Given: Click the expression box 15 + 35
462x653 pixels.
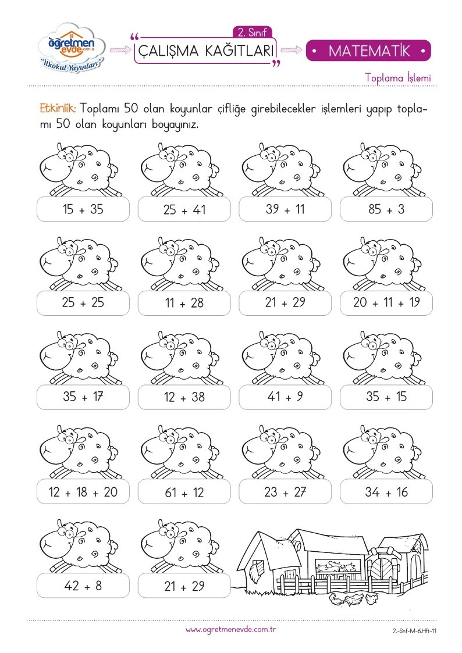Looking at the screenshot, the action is (83, 209).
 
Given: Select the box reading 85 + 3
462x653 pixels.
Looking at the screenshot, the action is (386, 209).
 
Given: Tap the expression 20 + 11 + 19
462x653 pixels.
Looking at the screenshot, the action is (386, 303).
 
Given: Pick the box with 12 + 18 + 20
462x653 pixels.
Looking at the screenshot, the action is (83, 492).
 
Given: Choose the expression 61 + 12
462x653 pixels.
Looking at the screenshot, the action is (184, 492).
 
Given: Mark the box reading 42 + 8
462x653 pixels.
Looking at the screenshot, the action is (83, 586).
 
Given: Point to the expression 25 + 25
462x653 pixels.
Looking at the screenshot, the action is (83, 303).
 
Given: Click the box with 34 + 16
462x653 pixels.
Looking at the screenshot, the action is (386, 492).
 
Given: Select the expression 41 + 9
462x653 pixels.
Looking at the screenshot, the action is (285, 397).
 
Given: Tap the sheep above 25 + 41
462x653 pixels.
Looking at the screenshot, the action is (180, 170).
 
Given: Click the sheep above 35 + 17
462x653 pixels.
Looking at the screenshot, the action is (79, 358).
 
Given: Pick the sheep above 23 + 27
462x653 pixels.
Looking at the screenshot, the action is (281, 452).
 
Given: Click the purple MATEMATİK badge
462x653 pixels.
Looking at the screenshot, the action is (368, 51).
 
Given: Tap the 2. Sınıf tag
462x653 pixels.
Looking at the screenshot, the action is (252, 32).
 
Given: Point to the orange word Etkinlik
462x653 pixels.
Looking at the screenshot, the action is (58, 109).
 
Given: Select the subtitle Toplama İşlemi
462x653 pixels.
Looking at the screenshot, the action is (398, 78).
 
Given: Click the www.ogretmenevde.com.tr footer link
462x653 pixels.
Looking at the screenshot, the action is (231, 630).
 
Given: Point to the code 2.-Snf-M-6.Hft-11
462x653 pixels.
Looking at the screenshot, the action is (414, 631).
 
